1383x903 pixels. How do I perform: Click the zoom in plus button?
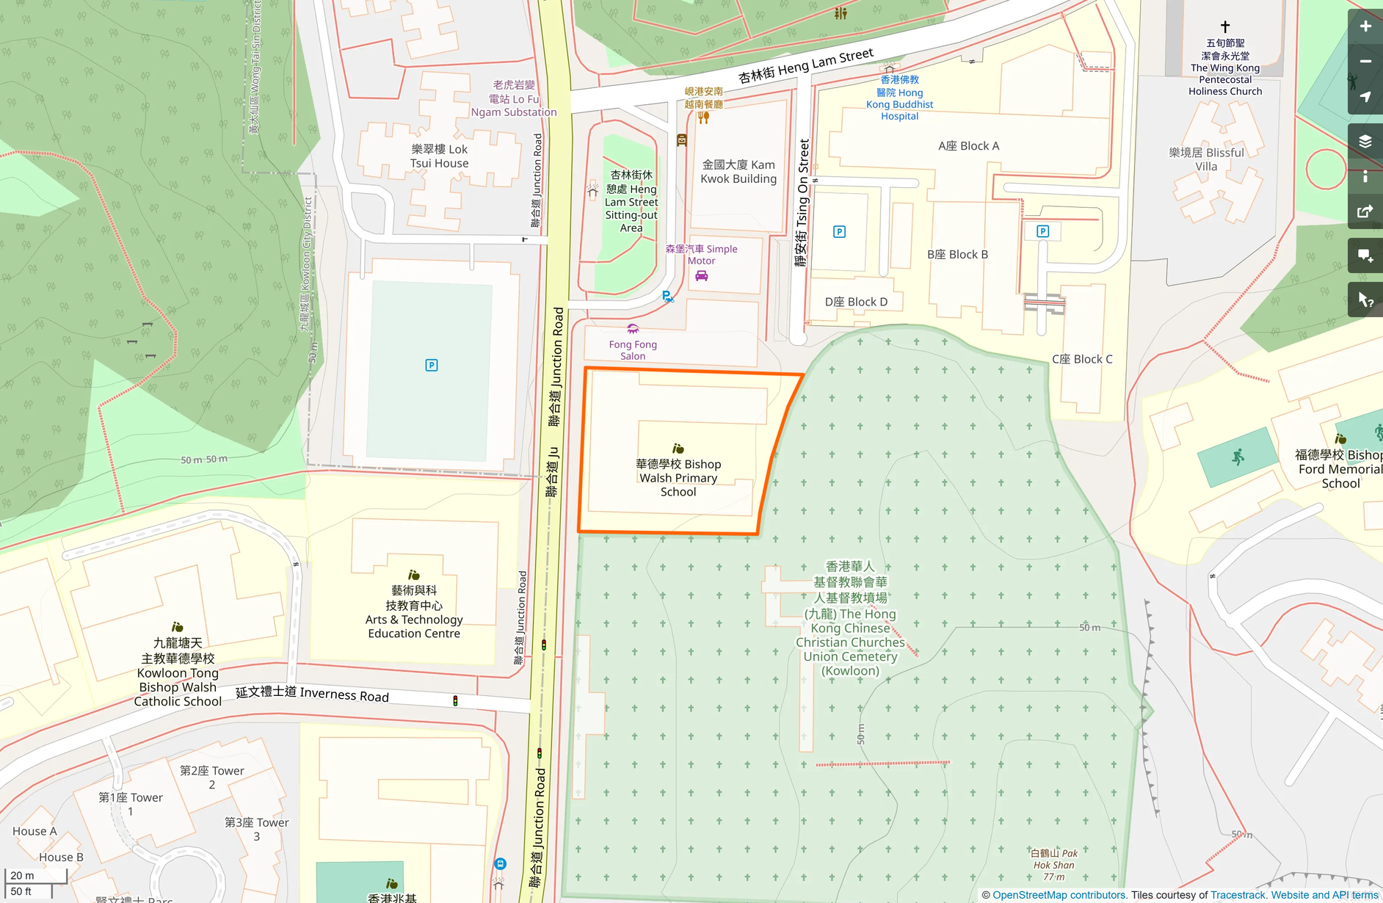[1365, 26]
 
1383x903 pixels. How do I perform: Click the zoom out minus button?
[1365, 62]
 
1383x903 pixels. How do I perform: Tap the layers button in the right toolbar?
[1365, 141]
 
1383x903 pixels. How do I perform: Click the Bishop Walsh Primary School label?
[678, 478]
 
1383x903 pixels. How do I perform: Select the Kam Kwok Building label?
[738, 172]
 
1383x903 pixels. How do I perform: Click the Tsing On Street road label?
[802, 203]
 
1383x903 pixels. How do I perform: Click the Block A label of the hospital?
[968, 146]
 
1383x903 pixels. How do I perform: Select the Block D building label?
[856, 302]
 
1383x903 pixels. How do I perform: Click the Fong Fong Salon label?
[633, 349]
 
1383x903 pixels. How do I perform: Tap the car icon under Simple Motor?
[702, 276]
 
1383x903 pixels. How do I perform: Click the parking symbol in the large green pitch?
[432, 365]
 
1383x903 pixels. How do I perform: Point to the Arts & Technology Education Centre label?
[414, 612]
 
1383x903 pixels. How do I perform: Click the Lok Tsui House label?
[439, 156]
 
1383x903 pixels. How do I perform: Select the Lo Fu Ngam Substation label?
[514, 98]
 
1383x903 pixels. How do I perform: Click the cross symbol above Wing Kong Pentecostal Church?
[1224, 27]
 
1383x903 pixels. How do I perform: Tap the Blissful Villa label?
[1206, 159]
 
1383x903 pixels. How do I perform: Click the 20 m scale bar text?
[22, 875]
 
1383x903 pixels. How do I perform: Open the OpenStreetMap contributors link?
[1059, 895]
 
